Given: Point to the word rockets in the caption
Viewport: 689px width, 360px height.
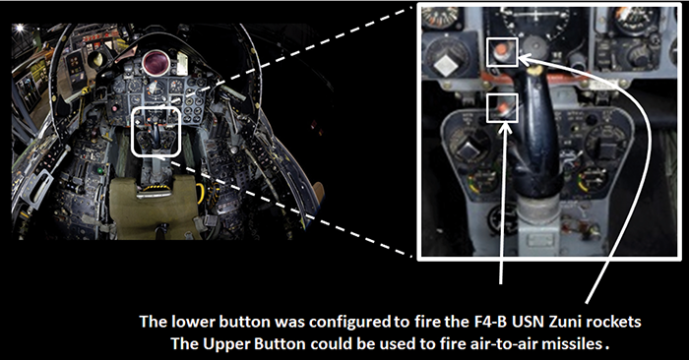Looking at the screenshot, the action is pyautogui.click(x=612, y=322).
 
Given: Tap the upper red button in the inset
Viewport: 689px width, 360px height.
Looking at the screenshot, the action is pyautogui.click(x=500, y=51).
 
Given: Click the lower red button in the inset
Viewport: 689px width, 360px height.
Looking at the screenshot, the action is pyautogui.click(x=502, y=107).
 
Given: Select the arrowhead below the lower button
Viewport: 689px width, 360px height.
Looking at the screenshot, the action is pyautogui.click(x=504, y=129).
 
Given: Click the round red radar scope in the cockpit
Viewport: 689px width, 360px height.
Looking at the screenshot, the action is pyautogui.click(x=156, y=62).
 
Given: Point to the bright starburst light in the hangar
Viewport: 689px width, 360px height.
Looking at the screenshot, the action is pyautogui.click(x=20, y=29).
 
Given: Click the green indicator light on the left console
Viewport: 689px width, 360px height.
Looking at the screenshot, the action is pyautogui.click(x=99, y=170).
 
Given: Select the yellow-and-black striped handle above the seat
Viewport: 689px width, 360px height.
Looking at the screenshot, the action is pyautogui.click(x=154, y=188).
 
